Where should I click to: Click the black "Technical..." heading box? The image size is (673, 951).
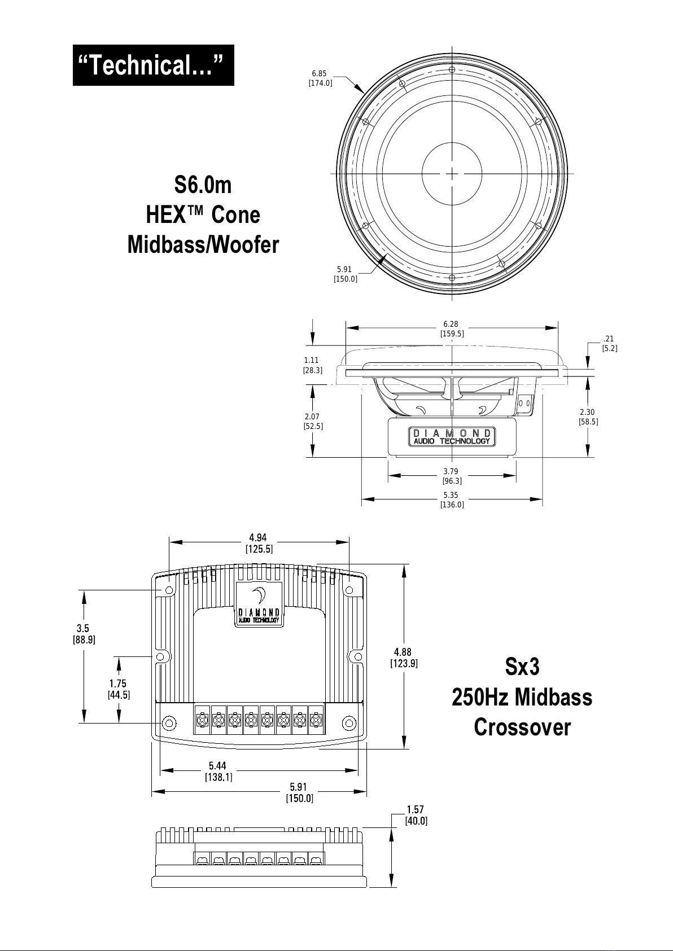153,65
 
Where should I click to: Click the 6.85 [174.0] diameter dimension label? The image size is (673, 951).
320,78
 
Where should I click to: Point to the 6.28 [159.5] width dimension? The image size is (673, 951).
452,328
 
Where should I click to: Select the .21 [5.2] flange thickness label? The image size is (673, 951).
609,344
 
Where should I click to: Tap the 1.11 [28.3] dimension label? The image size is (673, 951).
313,365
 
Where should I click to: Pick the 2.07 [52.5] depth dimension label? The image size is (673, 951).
313,421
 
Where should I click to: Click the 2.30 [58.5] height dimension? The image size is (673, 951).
588,417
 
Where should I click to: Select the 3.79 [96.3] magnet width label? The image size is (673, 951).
452,476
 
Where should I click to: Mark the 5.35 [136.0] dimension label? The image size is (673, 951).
452,499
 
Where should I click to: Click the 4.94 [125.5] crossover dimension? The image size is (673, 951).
259,544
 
